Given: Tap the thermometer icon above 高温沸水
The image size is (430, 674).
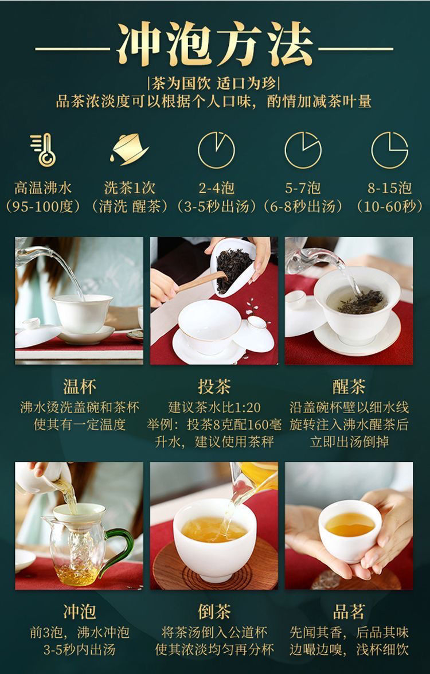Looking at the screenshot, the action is pos(44,150).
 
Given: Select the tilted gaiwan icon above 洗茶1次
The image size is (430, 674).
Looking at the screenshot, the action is pos(130,149).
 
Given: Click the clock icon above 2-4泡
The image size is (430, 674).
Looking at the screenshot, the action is pos(216,150).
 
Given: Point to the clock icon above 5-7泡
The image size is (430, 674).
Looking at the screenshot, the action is pos(303,150).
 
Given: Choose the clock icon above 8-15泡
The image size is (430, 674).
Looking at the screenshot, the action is pos(390,150).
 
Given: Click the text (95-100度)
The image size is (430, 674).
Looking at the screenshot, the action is pos(43,207).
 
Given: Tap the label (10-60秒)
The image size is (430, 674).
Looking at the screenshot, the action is pos(390,207).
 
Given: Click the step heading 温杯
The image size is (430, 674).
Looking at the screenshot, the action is pos(79,387).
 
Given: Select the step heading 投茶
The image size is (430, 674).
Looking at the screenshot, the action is pos(214,387).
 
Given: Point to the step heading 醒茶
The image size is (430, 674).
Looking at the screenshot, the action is pos(349,387).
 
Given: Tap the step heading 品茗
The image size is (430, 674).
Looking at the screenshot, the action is pos(349,611).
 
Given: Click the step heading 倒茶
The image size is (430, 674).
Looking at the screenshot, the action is pos(214,611).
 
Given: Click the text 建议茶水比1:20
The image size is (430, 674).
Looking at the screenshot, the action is pos(214,407).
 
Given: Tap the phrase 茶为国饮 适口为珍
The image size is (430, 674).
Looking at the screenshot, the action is pos(214,83).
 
